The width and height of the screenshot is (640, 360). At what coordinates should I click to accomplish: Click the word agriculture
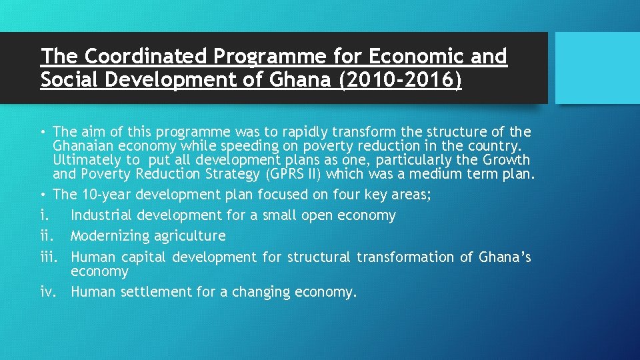click(193, 236)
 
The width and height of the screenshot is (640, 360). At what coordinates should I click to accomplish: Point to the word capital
click(145, 257)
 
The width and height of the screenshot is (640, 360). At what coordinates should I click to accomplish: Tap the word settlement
click(153, 292)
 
